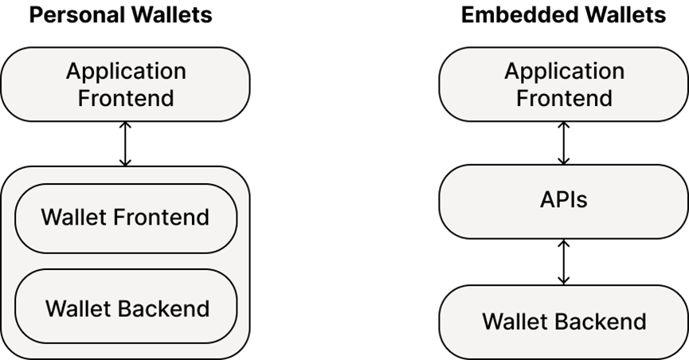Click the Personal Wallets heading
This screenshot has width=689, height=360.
pos(120,15)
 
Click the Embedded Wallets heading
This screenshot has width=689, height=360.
pos(563,15)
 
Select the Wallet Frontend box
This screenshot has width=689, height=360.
pos(126,218)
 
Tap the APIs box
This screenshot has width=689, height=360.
pos(564,202)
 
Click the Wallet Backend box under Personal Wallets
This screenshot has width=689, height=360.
pos(126,307)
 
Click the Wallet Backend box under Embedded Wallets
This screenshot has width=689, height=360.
pos(564,323)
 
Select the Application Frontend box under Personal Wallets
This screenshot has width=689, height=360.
pos(126,84)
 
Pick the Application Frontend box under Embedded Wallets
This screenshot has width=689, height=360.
pos(564,84)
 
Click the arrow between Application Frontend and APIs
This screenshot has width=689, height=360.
pos(563,143)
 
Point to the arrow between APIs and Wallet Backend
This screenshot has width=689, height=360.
pos(563,262)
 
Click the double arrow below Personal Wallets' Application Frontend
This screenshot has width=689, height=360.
pos(126,144)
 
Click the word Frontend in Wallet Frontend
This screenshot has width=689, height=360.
pos(161,217)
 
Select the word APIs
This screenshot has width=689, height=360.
pos(564,200)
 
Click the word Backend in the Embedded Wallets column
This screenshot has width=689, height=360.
pos(602,321)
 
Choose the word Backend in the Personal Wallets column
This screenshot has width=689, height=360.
pos(165,308)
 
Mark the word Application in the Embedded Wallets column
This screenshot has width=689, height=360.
pos(564,72)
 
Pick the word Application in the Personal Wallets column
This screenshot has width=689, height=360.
pos(126,72)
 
